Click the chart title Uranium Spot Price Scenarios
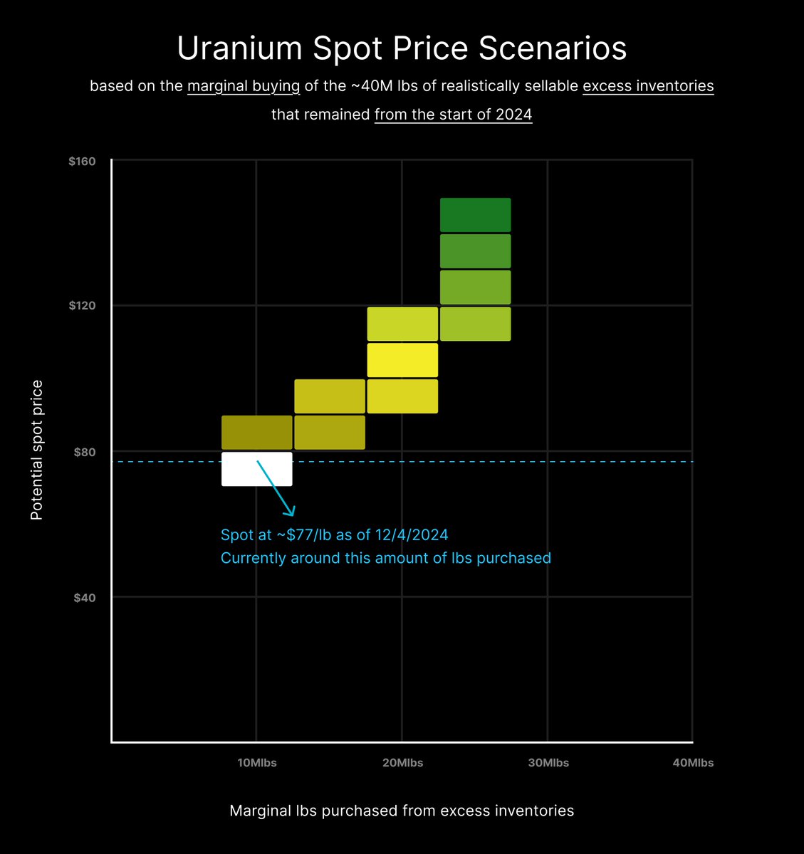[x=402, y=48]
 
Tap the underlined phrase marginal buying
[x=244, y=86]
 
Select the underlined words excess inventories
[x=647, y=86]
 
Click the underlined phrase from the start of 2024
[x=453, y=115]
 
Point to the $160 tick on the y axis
[x=82, y=162]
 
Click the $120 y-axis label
[x=82, y=306]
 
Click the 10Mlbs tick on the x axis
[x=257, y=763]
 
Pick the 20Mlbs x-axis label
[x=402, y=763]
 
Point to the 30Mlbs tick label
[x=548, y=763]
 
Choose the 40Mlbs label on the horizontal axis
[x=693, y=763]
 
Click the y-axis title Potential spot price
[x=37, y=450]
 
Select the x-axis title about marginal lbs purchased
[x=402, y=811]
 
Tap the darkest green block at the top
[x=475, y=215]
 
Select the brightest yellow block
[x=402, y=360]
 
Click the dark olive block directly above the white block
[x=257, y=433]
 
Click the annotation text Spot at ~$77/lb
[x=334, y=535]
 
